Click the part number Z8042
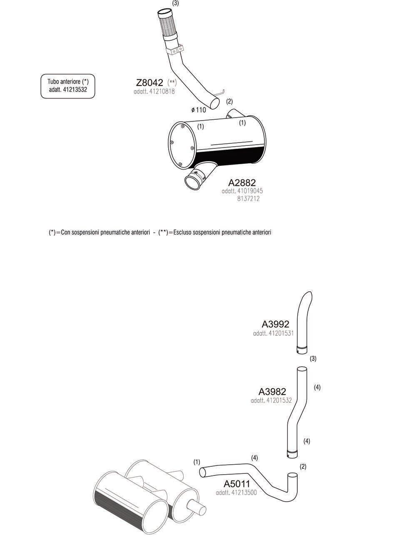tap(149, 82)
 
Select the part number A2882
tap(242, 182)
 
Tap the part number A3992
tap(275, 324)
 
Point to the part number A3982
tap(272, 392)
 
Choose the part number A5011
tap(237, 484)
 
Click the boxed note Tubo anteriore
tap(68, 86)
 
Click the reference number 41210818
tap(162, 91)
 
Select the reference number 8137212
tap(249, 199)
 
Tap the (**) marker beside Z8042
tap(172, 82)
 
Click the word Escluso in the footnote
tap(183, 232)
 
